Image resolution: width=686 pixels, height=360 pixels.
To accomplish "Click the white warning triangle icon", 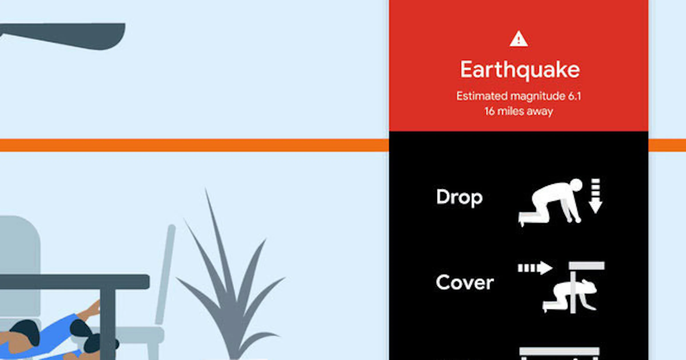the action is click(x=519, y=39).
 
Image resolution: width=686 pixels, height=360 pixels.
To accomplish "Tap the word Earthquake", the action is click(x=520, y=70).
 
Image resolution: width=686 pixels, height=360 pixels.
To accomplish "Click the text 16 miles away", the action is click(x=519, y=111).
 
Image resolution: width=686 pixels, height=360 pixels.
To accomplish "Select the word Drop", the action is click(x=459, y=197).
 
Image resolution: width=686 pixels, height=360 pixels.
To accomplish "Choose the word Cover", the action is click(x=465, y=282).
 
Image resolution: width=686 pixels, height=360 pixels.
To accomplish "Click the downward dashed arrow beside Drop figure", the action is click(x=596, y=196).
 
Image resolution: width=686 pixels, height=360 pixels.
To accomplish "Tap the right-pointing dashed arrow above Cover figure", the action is click(x=535, y=268).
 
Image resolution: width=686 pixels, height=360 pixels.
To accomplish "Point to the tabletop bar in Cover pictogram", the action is click(x=587, y=266).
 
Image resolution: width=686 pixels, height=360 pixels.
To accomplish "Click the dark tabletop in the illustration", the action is click(x=74, y=282).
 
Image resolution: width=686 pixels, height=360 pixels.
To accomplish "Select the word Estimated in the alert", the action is click(x=482, y=96).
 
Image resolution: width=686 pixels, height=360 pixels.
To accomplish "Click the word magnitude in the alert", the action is click(x=538, y=97).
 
